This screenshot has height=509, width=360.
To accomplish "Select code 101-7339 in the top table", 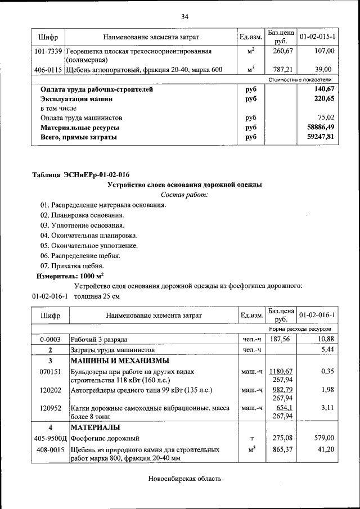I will (48, 51).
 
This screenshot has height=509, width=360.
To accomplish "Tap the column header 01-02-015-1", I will (317, 37).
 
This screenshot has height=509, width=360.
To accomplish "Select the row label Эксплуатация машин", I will (76, 98).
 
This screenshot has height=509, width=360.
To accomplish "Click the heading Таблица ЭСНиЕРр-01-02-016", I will (84, 175).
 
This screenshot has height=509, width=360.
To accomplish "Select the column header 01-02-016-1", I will (317, 315).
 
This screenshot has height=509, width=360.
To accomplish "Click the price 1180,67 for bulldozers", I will (281, 372).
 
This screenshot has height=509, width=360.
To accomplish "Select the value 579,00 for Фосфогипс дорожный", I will (324, 438).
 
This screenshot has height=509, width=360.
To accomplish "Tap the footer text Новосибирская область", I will (184, 479).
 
